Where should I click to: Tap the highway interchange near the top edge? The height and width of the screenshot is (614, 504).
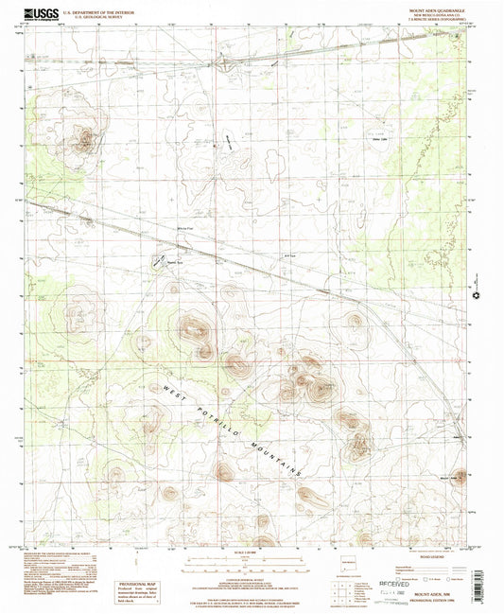pyautogui.click(x=223, y=64)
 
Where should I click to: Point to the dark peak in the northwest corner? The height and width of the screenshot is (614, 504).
pyautogui.click(x=85, y=143)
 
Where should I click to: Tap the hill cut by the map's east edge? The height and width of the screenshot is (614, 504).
pyautogui.click(x=461, y=479)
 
